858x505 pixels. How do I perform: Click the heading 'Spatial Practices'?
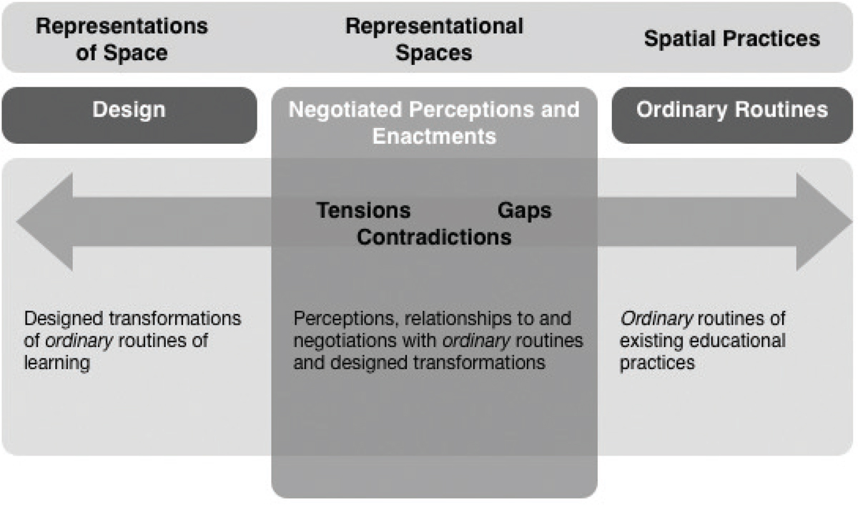(x=732, y=39)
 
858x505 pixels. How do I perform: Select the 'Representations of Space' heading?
(x=122, y=39)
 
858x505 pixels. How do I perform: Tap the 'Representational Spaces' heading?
(x=434, y=39)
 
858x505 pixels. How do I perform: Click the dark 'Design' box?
(x=129, y=115)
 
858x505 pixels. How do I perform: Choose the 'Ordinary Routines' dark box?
(x=732, y=115)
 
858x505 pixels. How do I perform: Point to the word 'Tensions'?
(x=363, y=210)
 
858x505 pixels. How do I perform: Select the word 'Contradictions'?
(x=434, y=237)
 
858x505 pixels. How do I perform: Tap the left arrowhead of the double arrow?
(x=44, y=222)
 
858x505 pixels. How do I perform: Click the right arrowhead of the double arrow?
(x=824, y=222)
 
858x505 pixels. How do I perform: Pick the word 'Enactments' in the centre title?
(x=434, y=137)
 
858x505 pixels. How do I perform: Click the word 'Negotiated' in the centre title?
(x=345, y=109)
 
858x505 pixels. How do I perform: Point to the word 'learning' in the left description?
(x=57, y=363)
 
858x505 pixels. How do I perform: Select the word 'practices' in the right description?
(x=657, y=363)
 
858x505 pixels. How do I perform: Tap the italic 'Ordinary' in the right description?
(x=656, y=319)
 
